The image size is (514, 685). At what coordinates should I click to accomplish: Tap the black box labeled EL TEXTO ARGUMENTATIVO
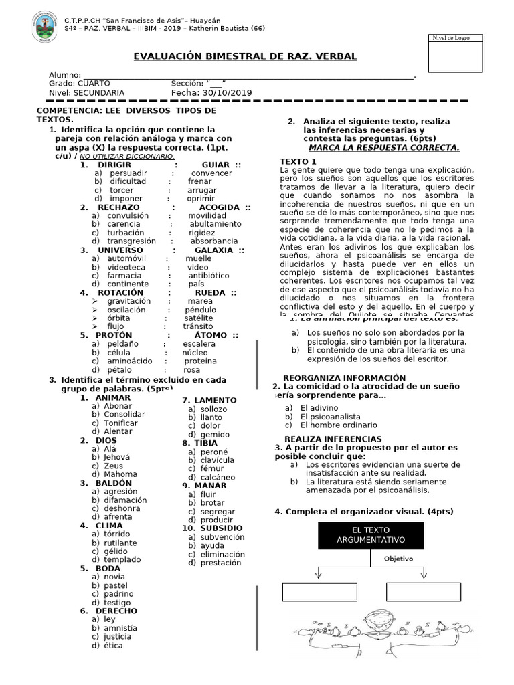[371, 535]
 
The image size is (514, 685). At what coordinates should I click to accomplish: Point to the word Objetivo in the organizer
[398, 558]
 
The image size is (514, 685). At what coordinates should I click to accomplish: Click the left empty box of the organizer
[311, 592]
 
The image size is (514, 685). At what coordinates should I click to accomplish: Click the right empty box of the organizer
[423, 592]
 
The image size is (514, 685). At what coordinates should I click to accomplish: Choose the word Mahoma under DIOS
[120, 474]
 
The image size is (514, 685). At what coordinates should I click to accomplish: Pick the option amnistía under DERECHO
[120, 628]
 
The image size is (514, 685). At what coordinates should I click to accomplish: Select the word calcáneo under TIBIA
[218, 477]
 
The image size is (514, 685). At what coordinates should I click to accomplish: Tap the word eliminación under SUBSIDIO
[223, 554]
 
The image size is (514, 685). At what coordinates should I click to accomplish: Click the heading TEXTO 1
[298, 162]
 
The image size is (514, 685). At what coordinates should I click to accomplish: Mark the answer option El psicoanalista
[330, 416]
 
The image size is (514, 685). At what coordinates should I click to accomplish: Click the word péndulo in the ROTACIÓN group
[201, 310]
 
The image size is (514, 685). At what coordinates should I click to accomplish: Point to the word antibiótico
[208, 275]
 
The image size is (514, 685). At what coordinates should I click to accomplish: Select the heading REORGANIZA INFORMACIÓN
[344, 378]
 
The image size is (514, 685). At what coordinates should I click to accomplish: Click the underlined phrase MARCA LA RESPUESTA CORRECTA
[383, 148]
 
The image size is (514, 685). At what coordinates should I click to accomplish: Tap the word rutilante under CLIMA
[120, 543]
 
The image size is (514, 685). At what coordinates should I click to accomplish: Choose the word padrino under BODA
[118, 593]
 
